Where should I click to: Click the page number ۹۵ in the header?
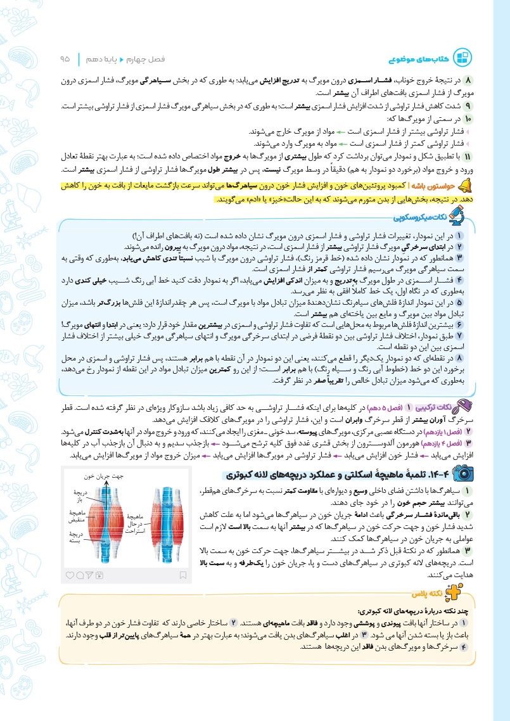coord(65,58)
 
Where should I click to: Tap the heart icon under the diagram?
coord(70,575)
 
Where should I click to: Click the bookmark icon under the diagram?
coord(182,575)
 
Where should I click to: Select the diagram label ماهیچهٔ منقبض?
coord(79,517)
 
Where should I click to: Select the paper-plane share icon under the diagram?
coord(91,575)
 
